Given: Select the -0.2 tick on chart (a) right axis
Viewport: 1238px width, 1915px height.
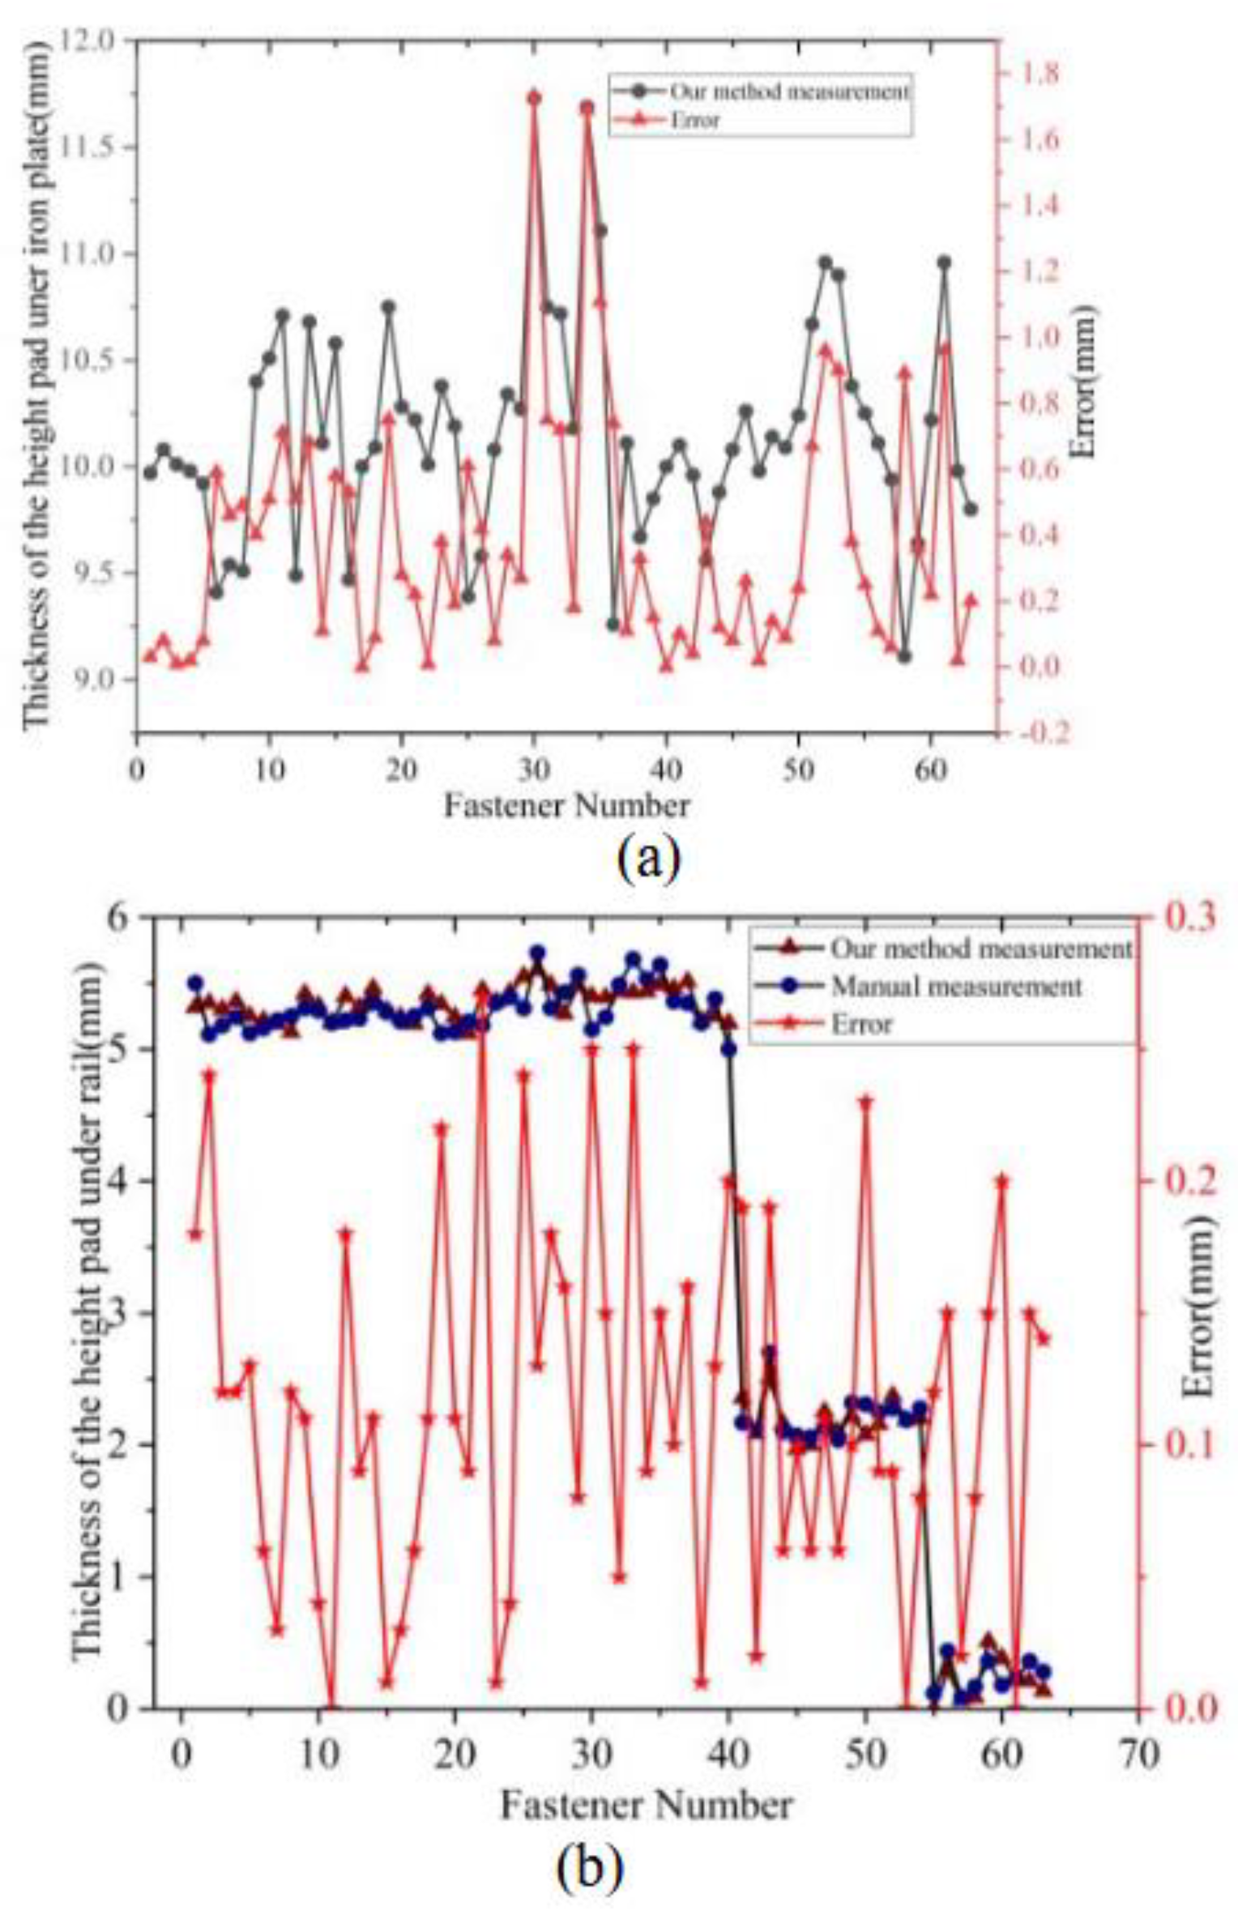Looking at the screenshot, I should pyautogui.click(x=1028, y=733).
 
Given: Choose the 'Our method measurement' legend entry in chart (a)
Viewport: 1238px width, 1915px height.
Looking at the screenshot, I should pyautogui.click(x=788, y=92).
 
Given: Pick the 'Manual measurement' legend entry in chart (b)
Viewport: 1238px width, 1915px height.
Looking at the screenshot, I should pyautogui.click(x=956, y=986).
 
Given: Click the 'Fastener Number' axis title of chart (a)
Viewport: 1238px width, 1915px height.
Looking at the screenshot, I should pyautogui.click(x=567, y=805).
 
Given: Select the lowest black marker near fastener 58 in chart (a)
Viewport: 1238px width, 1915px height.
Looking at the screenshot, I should pyautogui.click(x=904, y=656).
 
